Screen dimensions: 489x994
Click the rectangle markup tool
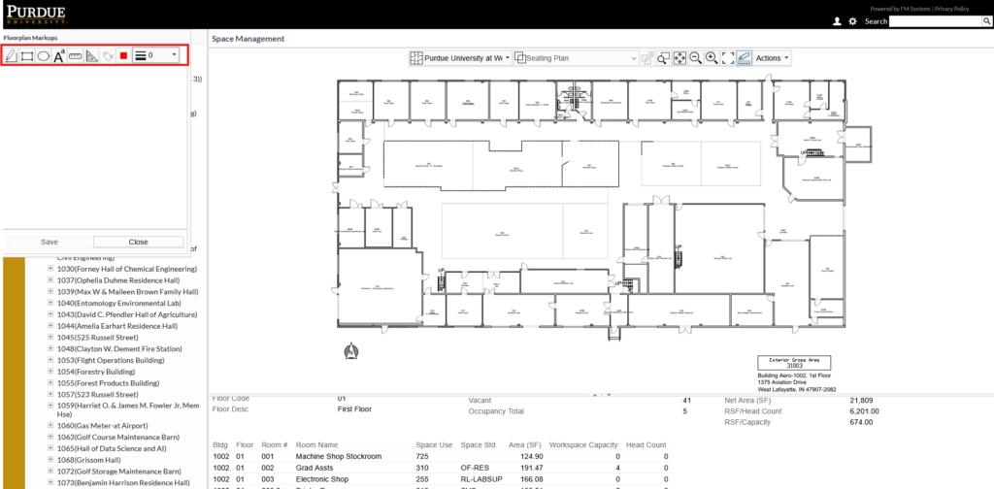click(x=27, y=56)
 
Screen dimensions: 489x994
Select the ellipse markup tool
click(x=44, y=56)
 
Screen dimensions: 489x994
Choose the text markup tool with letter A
click(x=59, y=56)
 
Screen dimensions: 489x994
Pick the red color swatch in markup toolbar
click(x=123, y=56)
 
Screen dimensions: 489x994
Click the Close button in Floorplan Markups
click(x=138, y=242)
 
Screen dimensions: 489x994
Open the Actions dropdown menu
click(x=773, y=58)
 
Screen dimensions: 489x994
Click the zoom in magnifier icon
click(x=712, y=58)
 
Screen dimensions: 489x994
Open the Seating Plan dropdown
click(x=576, y=58)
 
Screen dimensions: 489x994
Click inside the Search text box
click(x=940, y=21)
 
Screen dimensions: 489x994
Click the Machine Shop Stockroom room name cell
click(x=339, y=456)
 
